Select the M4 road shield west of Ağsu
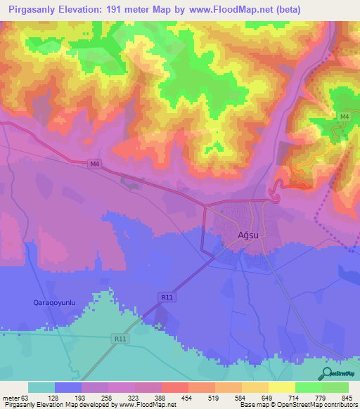pyautogui.click(x=95, y=163)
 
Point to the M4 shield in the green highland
pyautogui.click(x=344, y=116)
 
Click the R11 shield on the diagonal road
pyautogui.click(x=166, y=298)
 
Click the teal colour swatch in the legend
pyautogui.click(x=41, y=387)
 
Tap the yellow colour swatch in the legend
pyautogui.click(x=281, y=387)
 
